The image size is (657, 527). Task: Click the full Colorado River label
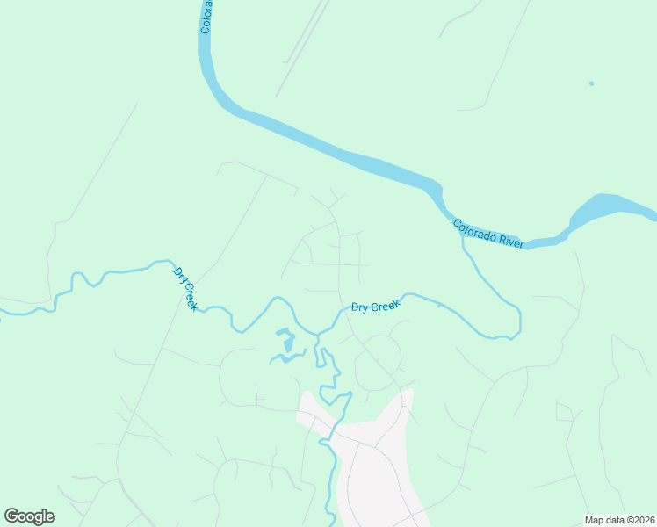[x=489, y=234]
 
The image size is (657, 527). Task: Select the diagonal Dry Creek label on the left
[x=185, y=289]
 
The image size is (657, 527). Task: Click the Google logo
[x=29, y=516]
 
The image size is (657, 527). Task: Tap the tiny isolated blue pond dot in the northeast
[x=591, y=83]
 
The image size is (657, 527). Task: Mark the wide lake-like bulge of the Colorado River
[x=606, y=208]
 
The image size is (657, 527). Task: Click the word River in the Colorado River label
[x=511, y=240]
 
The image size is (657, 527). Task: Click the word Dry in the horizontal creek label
[x=359, y=308]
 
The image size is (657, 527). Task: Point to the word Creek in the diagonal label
[x=189, y=296]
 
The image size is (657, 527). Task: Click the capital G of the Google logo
[x=11, y=516]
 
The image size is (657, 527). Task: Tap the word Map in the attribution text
[x=595, y=519]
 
